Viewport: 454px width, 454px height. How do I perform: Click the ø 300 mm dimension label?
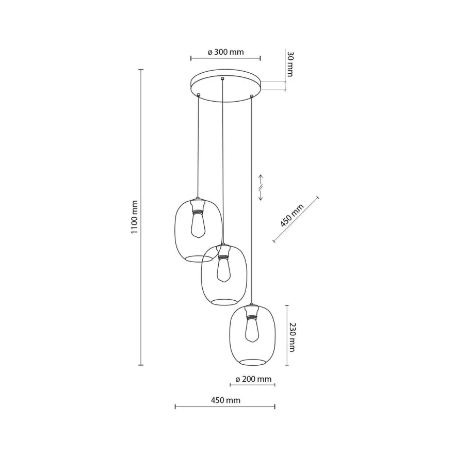(225, 52)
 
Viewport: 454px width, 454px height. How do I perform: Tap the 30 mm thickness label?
(290, 64)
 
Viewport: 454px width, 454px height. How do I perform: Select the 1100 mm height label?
(134, 217)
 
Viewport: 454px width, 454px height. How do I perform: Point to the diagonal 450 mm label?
(292, 215)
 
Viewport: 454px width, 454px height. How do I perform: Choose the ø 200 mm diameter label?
(253, 379)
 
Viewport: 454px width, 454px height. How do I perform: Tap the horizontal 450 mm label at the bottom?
(225, 400)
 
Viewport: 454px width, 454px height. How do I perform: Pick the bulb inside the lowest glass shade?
(252, 330)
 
